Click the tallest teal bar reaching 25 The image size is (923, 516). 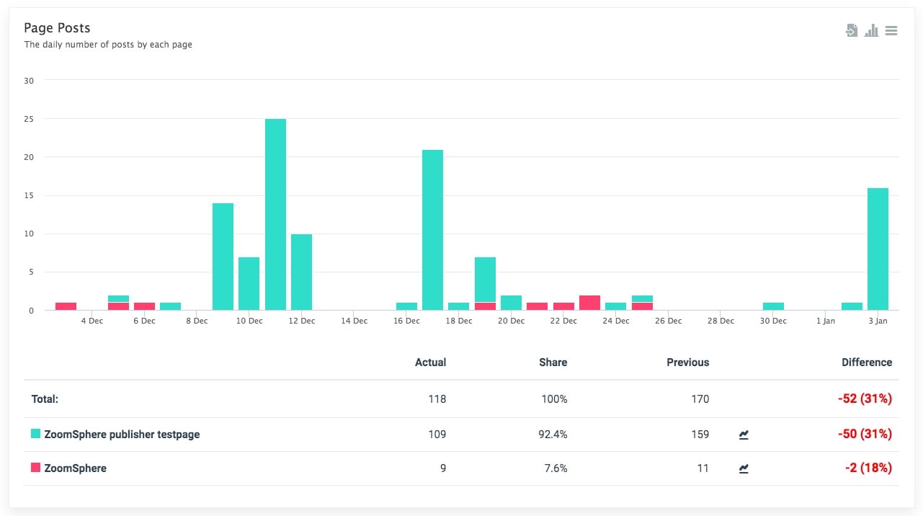[x=275, y=214]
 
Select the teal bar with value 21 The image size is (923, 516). [x=432, y=230]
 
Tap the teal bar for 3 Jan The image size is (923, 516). [x=878, y=249]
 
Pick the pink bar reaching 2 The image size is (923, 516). [x=589, y=303]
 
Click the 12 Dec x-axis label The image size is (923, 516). [x=301, y=321]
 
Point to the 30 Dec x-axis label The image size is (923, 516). [x=773, y=321]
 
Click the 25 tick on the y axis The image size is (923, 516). [x=29, y=119]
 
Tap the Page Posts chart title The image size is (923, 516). [x=57, y=28]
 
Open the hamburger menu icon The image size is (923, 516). [x=891, y=31]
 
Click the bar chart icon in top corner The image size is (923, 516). [x=872, y=31]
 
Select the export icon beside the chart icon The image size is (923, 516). [x=852, y=31]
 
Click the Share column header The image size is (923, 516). [x=553, y=362]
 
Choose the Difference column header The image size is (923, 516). [x=866, y=362]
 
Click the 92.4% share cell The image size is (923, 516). [x=553, y=435]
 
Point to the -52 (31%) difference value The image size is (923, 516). [x=865, y=399]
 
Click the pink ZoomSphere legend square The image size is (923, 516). [x=35, y=468]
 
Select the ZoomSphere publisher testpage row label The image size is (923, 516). [x=122, y=435]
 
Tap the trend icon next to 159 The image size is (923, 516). [x=744, y=435]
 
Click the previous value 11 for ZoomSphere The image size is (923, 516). [x=702, y=468]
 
